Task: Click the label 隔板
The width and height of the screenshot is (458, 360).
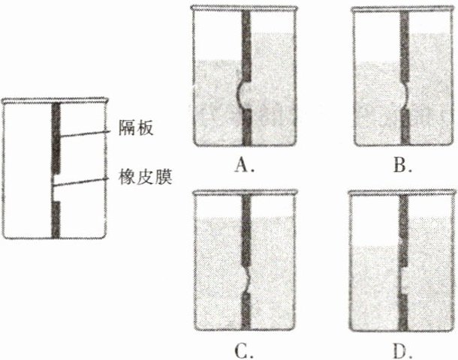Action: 137,127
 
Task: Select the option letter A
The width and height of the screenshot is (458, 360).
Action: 242,165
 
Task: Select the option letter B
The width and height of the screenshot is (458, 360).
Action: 403,165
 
